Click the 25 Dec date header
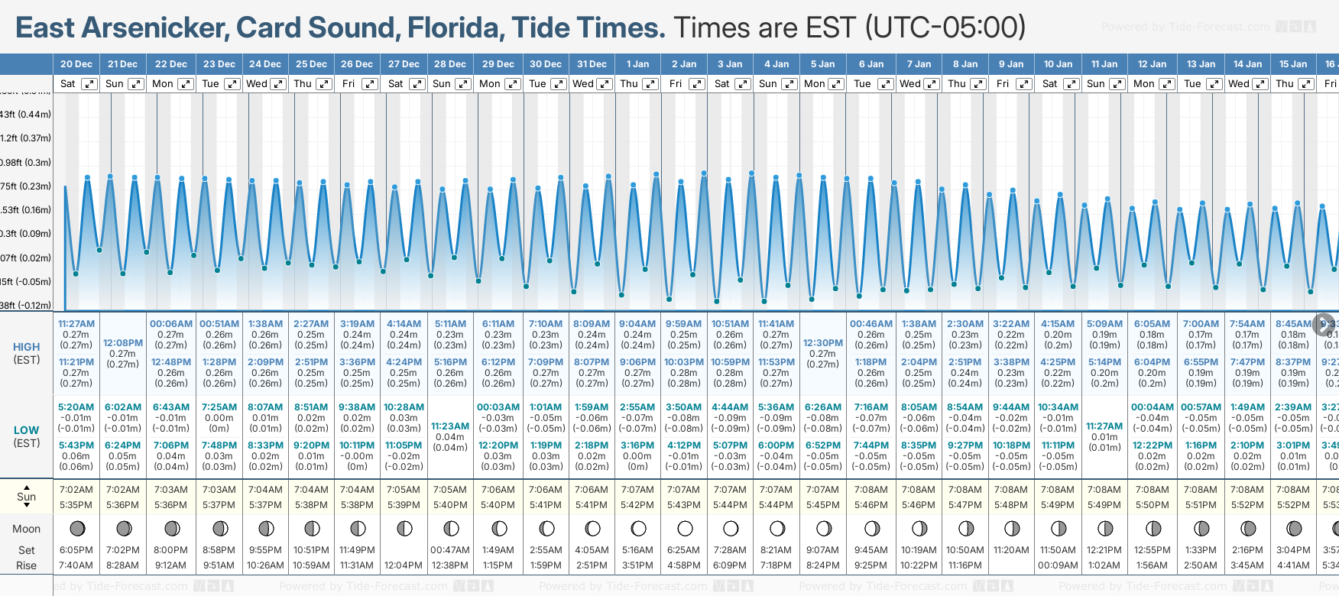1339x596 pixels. pyautogui.click(x=311, y=64)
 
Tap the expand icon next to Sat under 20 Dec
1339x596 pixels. pyautogui.click(x=89, y=84)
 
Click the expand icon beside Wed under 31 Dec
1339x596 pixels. pyautogui.click(x=605, y=84)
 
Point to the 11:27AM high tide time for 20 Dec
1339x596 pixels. pyautogui.click(x=76, y=324)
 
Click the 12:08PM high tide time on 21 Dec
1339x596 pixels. pyautogui.click(x=123, y=343)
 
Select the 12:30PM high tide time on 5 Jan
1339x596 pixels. pyautogui.click(x=823, y=343)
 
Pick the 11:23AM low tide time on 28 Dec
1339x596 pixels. pyautogui.click(x=450, y=426)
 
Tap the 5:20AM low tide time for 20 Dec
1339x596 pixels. pyautogui.click(x=76, y=407)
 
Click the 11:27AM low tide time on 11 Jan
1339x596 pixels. pyautogui.click(x=1104, y=426)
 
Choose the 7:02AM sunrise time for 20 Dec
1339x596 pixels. pyautogui.click(x=76, y=490)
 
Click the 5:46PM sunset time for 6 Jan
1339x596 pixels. pyautogui.click(x=871, y=505)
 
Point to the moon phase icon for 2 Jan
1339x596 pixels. pyautogui.click(x=685, y=528)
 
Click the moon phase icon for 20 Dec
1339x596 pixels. pyautogui.click(x=76, y=528)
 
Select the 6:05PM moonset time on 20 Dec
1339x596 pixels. pyautogui.click(x=76, y=550)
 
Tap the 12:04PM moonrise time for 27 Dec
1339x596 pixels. pyautogui.click(x=404, y=565)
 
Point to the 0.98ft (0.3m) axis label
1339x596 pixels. pyautogui.click(x=24, y=163)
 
